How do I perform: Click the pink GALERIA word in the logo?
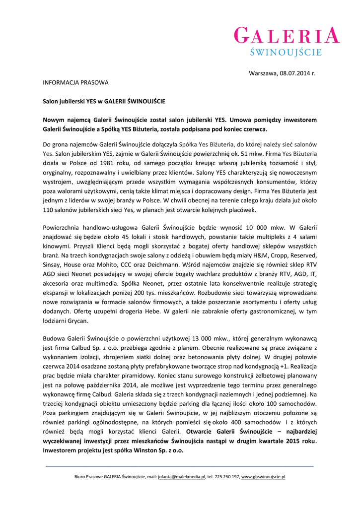[x=287, y=36]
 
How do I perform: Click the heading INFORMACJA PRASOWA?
[x=74, y=82]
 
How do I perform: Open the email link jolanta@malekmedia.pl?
[x=182, y=477]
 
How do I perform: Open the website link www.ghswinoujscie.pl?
[x=263, y=477]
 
